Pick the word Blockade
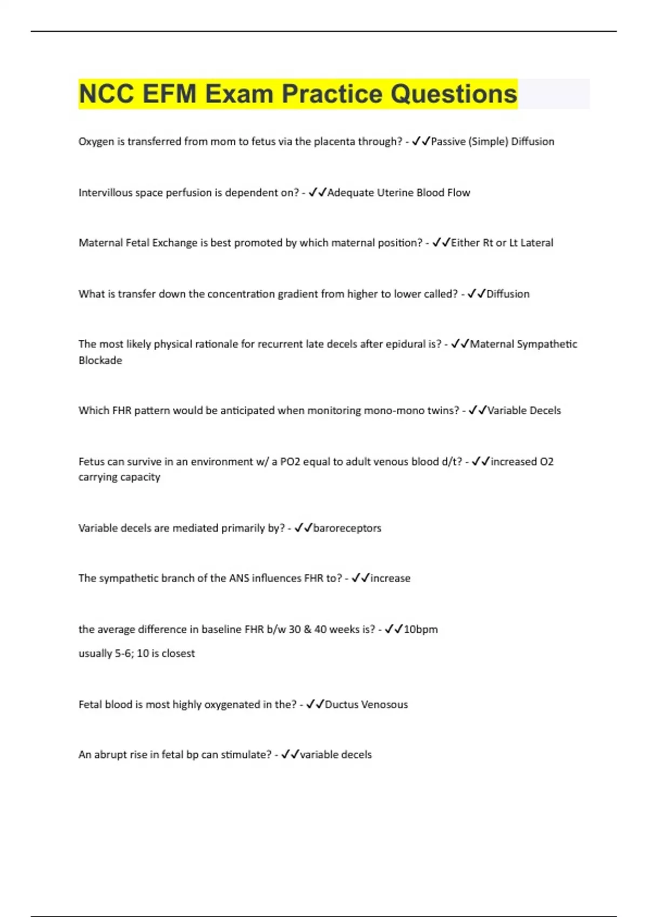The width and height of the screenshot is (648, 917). tap(100, 360)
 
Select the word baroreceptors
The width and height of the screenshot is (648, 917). tap(347, 528)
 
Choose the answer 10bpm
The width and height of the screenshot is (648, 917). tap(421, 629)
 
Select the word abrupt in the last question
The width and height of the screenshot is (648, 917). tap(112, 755)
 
